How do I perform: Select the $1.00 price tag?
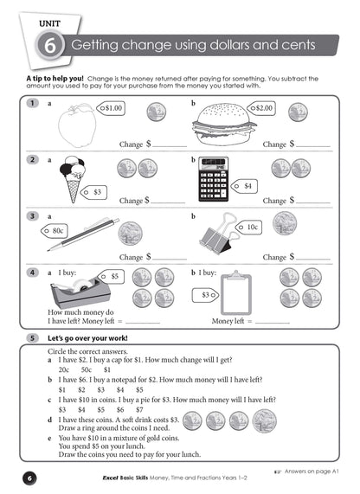pyautogui.click(x=113, y=108)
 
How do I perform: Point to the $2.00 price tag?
pyautogui.click(x=262, y=108)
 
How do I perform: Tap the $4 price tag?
pyautogui.click(x=247, y=185)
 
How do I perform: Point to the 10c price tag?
pyautogui.click(x=251, y=228)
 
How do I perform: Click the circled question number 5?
pyautogui.click(x=32, y=337)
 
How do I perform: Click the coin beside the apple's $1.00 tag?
pyautogui.click(x=157, y=111)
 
